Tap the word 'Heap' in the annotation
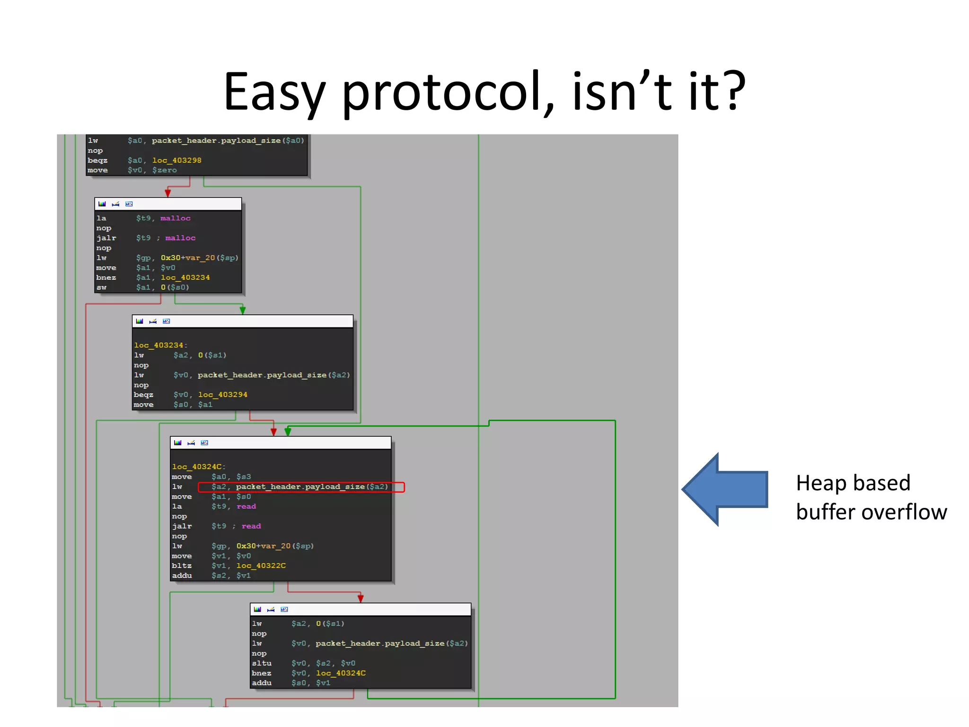point(819,483)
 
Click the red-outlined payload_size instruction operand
point(301,487)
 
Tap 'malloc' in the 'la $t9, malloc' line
point(175,218)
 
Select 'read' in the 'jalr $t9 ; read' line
point(251,526)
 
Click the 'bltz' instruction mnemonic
point(182,566)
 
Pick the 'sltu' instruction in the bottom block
point(262,663)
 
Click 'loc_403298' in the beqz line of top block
point(176,160)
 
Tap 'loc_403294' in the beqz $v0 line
point(222,395)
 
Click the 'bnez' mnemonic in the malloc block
point(106,278)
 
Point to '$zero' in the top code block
point(164,170)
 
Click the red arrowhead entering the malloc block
point(167,193)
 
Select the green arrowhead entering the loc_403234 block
point(243,310)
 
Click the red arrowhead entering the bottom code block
point(361,599)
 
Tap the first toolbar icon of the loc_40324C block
point(177,443)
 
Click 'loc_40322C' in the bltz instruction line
point(261,566)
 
